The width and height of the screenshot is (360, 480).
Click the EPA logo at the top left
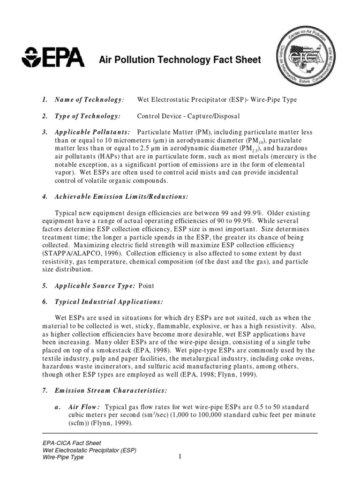(x=54, y=58)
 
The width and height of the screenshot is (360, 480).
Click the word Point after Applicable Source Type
(x=147, y=285)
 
